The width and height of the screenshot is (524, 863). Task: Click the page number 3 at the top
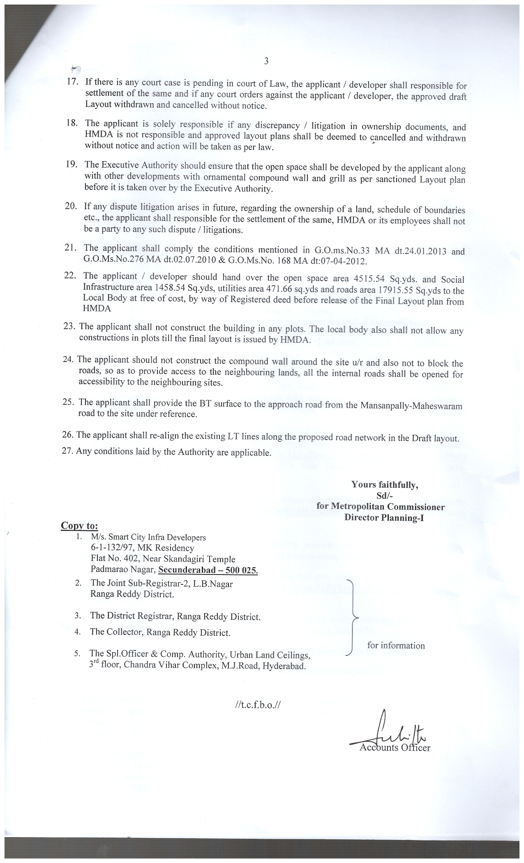click(266, 61)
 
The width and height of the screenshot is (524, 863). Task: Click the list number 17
click(73, 81)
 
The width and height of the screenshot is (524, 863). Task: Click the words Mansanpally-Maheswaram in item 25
click(411, 406)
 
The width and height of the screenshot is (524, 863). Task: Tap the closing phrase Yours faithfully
click(385, 485)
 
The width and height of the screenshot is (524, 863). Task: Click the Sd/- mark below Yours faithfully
click(385, 496)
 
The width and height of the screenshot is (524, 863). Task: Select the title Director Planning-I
click(384, 517)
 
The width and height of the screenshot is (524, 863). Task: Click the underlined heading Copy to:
click(79, 526)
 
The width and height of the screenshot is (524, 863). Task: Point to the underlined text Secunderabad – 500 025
click(208, 570)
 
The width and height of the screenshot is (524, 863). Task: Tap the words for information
click(396, 645)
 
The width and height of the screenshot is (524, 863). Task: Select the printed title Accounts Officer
click(395, 748)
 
